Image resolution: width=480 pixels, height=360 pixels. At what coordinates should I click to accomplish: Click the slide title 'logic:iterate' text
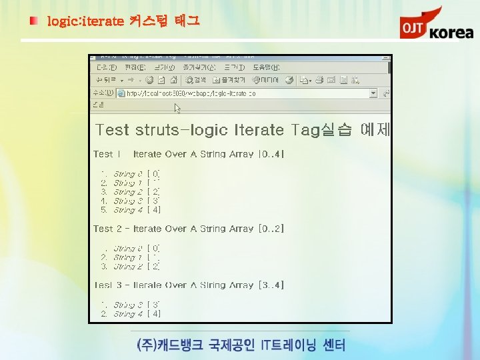coord(85,21)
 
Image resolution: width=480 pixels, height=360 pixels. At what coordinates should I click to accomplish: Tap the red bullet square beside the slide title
coord(33,21)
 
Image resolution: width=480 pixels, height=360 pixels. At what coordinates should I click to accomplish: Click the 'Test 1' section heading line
coord(189,154)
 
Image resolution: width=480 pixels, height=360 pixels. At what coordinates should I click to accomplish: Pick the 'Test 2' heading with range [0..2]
coord(189,229)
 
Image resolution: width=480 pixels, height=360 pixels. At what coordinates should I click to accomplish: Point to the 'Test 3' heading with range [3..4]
coord(189,285)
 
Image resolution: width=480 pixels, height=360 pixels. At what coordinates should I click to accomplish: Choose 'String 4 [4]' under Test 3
coord(136,313)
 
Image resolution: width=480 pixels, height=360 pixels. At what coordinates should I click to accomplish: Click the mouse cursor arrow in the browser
coord(177,107)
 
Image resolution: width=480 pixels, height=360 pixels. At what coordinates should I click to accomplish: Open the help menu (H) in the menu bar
coord(266,67)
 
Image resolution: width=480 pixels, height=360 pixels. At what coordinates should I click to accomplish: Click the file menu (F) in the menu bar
coord(107,67)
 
